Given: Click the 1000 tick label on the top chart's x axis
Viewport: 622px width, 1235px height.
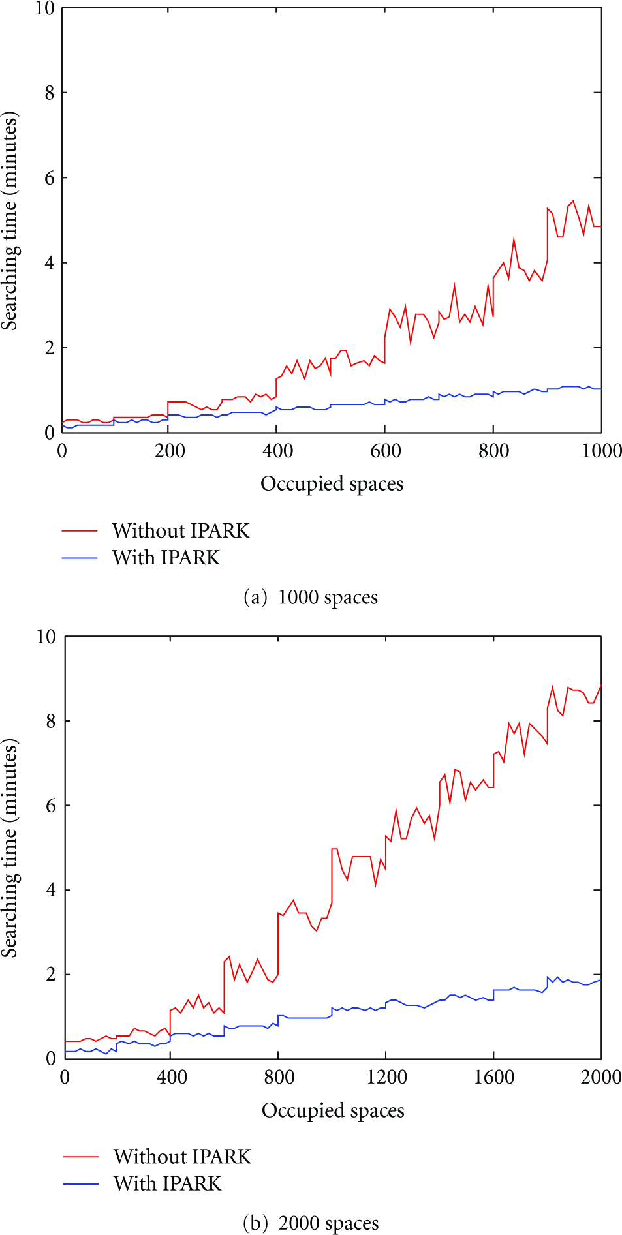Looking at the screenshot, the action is (x=602, y=451).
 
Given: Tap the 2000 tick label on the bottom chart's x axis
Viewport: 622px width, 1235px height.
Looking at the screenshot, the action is (x=601, y=1077).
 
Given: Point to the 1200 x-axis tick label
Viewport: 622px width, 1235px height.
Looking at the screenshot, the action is (x=386, y=1077).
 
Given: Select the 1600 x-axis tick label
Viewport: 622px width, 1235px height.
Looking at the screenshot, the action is (x=494, y=1077).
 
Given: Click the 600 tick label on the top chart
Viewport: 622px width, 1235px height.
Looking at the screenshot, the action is (x=386, y=451).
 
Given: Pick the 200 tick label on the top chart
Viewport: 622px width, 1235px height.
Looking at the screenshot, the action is (x=170, y=451).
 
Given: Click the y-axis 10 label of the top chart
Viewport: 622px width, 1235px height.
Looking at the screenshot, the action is (x=45, y=8).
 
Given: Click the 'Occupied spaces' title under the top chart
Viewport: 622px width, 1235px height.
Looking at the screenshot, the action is (x=332, y=484).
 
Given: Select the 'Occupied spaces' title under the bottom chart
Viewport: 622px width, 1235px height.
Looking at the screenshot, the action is (x=333, y=1110).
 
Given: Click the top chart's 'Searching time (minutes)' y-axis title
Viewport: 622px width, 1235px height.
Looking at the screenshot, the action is (x=10, y=221).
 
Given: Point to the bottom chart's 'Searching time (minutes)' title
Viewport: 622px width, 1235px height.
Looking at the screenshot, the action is (x=10, y=848).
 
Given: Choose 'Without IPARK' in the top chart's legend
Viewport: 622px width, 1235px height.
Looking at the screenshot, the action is (x=181, y=530).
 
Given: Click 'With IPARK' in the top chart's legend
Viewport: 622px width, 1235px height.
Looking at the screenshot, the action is (x=166, y=557).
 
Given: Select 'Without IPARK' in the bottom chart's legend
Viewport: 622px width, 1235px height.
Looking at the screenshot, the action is (x=182, y=1156).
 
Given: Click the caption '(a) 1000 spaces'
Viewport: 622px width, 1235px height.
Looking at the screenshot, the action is (x=311, y=598).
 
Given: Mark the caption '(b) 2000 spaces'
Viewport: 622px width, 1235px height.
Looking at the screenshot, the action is (x=311, y=1223).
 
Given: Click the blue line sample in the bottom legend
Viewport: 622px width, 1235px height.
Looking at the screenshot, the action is (x=81, y=1184).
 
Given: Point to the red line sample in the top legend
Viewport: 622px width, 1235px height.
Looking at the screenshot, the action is (x=80, y=531).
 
